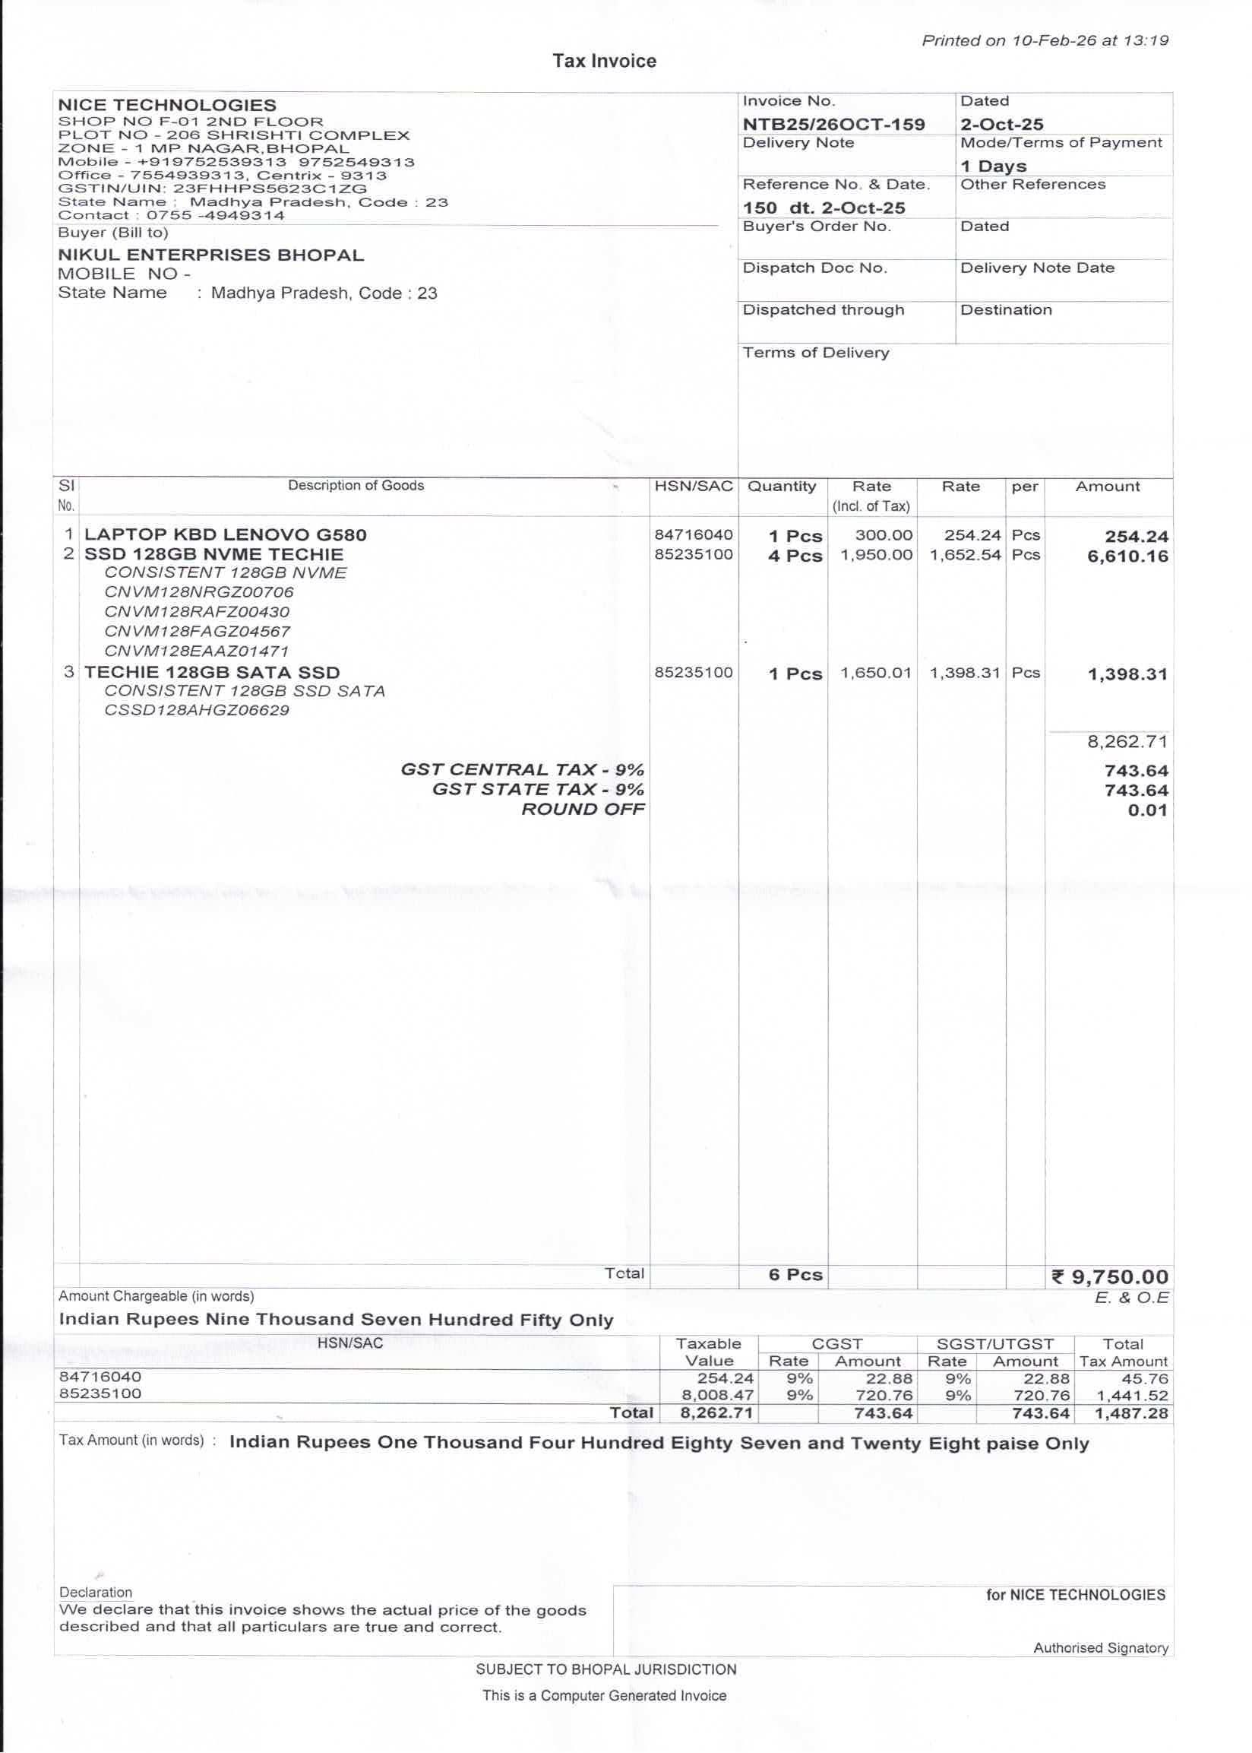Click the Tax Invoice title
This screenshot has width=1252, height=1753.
604,62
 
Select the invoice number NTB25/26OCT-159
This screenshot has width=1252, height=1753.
833,124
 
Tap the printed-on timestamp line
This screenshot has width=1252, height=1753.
1045,41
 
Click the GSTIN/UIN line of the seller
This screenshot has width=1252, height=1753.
212,189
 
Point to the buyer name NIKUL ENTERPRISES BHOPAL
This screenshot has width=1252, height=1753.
210,255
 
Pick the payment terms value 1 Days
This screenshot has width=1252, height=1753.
993,166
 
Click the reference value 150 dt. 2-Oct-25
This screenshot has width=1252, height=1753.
824,208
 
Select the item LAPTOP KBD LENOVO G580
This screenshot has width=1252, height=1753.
225,535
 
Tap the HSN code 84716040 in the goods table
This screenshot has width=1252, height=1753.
693,535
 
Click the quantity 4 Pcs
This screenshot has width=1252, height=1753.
795,556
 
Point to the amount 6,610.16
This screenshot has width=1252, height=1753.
1127,556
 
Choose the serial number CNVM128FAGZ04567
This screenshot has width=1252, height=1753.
198,632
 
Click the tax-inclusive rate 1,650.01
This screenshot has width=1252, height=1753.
876,674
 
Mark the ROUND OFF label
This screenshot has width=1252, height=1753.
583,810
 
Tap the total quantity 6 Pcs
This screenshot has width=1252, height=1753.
795,1276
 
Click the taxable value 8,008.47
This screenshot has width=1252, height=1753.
717,1395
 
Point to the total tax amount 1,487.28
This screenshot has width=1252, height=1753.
1131,1414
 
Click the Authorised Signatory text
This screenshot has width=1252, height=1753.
1100,1648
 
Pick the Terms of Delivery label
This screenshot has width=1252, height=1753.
815,353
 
